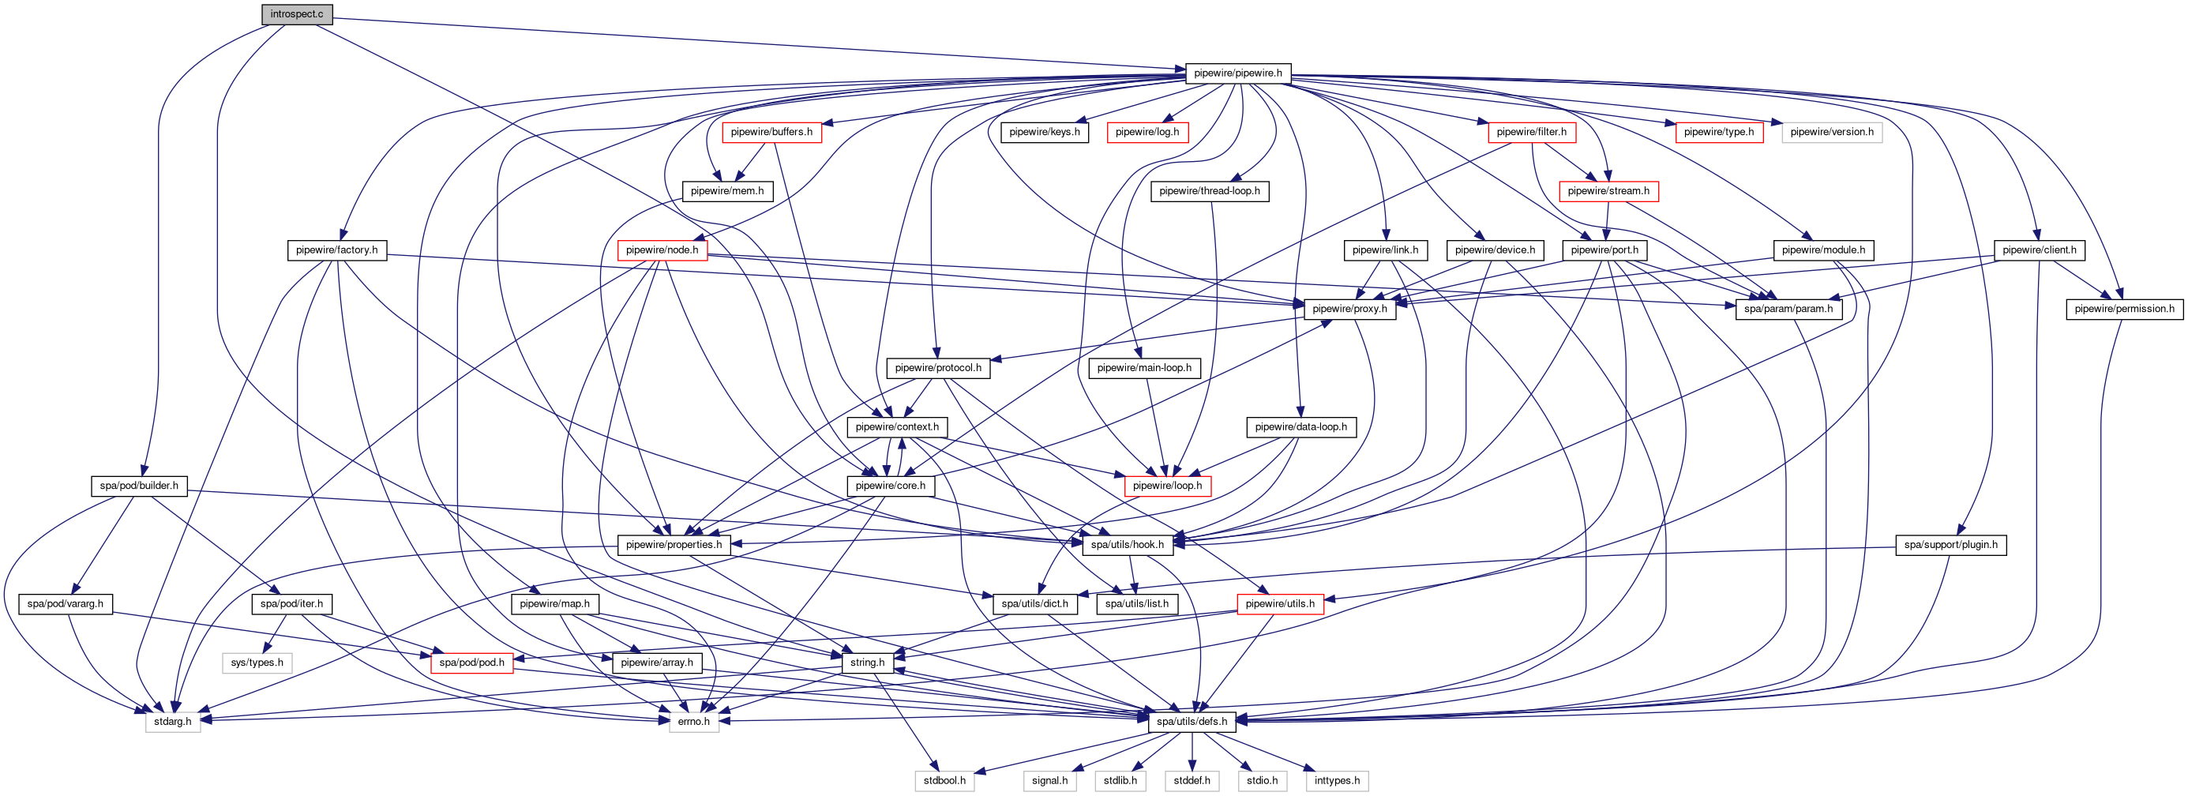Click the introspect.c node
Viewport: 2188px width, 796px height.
click(x=296, y=14)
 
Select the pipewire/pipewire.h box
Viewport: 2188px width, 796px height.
click(x=1237, y=73)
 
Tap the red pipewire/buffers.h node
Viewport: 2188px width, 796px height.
click(x=771, y=133)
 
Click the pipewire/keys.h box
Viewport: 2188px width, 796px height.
click(x=1044, y=133)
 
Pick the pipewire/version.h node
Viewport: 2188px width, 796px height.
click(x=1831, y=133)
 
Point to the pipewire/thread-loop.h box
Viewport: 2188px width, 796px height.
click(x=1210, y=191)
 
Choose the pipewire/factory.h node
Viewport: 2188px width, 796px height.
click(x=337, y=250)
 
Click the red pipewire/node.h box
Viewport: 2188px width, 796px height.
click(x=662, y=250)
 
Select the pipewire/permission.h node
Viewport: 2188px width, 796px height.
click(x=2124, y=310)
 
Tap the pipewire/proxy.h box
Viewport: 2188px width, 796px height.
click(x=1349, y=310)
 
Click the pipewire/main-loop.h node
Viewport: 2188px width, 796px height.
click(x=1144, y=368)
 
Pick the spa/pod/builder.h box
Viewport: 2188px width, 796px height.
click(x=139, y=486)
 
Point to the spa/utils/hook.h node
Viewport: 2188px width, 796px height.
click(x=1127, y=545)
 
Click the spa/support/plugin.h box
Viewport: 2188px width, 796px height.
click(x=1950, y=545)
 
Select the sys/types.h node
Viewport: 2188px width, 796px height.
click(x=257, y=663)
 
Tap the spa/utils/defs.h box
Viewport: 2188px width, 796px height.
click(x=1192, y=721)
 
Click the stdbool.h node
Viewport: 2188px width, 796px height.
click(x=944, y=781)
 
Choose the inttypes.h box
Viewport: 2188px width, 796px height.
click(x=1336, y=781)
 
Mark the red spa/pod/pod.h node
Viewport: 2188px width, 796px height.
click(x=471, y=663)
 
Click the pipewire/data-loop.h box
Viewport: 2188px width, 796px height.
click(x=1300, y=427)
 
